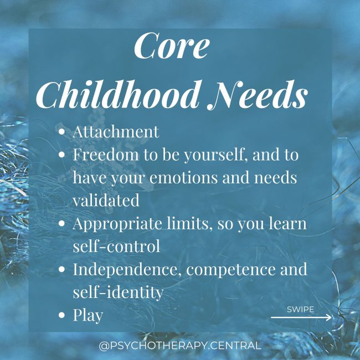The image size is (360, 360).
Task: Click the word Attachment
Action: tap(116, 132)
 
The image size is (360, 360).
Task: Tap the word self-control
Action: tap(116, 246)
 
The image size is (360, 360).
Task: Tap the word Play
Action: tap(88, 315)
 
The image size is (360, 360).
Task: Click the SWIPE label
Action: tap(301, 309)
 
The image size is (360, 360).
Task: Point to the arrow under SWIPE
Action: tap(301, 317)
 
